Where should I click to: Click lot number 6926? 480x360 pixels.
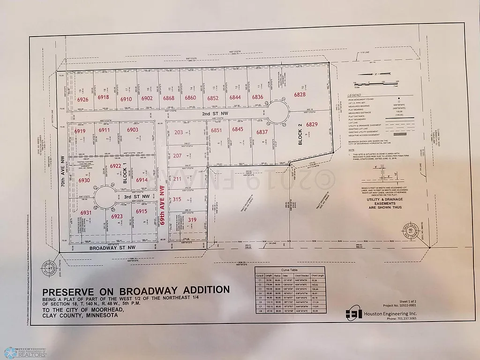(83, 99)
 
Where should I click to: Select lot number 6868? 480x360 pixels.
(169, 98)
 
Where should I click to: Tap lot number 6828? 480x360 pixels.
(300, 95)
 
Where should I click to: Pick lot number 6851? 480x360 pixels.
(216, 131)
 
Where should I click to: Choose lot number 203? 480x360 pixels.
(179, 133)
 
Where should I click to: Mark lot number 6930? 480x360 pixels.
(84, 180)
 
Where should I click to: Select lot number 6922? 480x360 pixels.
(116, 165)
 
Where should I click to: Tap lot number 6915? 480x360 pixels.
(142, 212)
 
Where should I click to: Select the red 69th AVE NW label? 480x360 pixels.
(163, 206)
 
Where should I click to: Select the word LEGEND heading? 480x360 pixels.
(354, 95)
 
